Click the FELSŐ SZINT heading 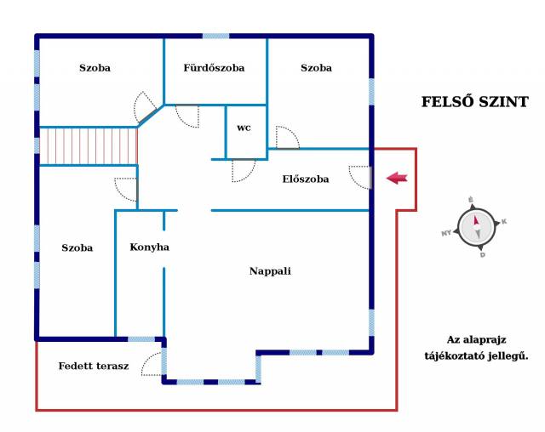(474, 102)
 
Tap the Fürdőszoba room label (214, 68)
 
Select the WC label (244, 128)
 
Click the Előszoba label (306, 179)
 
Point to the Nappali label (270, 271)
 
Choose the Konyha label (150, 247)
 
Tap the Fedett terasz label (94, 366)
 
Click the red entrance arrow (397, 178)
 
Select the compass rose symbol (476, 227)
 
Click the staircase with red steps (89, 145)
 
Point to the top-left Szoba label (95, 68)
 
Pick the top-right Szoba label (316, 68)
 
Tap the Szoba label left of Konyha (77, 248)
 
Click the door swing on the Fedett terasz (152, 364)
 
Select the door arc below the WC (244, 170)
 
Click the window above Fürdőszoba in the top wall (215, 37)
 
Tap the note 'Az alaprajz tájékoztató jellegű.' (476, 347)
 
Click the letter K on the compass (504, 221)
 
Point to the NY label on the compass (446, 232)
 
